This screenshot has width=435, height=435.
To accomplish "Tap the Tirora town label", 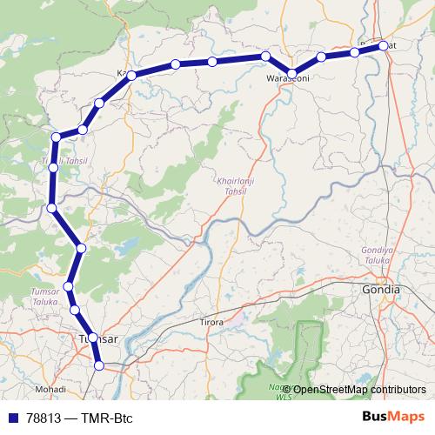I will (x=211, y=322).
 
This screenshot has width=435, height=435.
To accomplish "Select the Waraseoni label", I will (x=288, y=79).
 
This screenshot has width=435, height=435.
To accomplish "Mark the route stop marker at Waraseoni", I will (x=293, y=73).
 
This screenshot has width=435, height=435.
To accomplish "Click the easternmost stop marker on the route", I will (x=384, y=46).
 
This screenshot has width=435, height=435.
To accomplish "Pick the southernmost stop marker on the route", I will (x=99, y=366).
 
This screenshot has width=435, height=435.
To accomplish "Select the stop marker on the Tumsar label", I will (x=92, y=337).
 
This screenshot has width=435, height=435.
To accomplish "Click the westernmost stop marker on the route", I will (x=52, y=207).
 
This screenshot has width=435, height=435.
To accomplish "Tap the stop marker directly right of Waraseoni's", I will (x=321, y=57).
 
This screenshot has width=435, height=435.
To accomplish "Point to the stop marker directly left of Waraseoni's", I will (x=265, y=57).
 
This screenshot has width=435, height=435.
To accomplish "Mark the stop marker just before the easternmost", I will (x=355, y=52).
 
